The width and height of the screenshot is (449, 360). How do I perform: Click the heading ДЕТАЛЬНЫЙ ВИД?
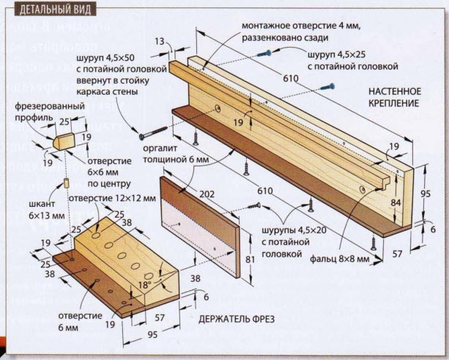click(55, 10)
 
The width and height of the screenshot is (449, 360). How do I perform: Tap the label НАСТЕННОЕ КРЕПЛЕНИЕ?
click(395, 98)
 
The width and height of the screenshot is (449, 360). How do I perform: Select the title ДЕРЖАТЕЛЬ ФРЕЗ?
click(237, 319)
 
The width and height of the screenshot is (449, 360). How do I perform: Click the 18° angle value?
click(145, 285)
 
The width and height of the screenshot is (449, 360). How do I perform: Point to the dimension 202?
click(207, 194)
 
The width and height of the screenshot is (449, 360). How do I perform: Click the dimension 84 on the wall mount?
click(396, 202)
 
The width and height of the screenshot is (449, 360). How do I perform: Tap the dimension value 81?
click(250, 260)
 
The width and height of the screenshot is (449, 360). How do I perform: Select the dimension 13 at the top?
click(160, 42)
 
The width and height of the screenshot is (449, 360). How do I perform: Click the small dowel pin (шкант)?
click(67, 183)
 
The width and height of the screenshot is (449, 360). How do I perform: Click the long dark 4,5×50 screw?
click(153, 133)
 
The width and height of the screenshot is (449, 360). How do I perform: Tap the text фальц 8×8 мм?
click(340, 259)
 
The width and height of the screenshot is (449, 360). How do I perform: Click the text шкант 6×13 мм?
click(46, 210)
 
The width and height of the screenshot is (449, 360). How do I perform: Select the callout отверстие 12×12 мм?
click(112, 198)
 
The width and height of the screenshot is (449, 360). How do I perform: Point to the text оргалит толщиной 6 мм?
click(176, 154)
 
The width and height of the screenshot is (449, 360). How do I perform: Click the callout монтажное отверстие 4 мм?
click(300, 26)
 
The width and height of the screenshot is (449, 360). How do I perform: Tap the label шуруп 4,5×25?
click(337, 55)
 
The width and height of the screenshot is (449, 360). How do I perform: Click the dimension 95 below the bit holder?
click(153, 335)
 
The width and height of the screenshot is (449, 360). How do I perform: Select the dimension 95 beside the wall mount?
click(425, 194)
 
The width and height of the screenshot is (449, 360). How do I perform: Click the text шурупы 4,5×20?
click(294, 230)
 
